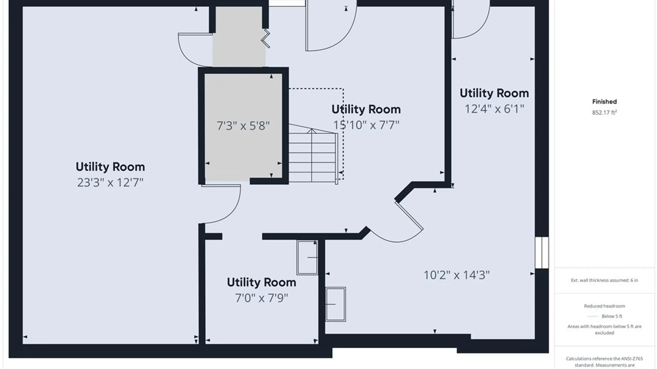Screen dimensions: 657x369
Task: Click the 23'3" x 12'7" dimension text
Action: [110, 182]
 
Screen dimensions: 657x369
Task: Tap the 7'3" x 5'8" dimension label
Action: [243, 126]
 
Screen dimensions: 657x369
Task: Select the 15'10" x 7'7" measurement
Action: [366, 125]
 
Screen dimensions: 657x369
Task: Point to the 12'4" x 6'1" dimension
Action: [494, 109]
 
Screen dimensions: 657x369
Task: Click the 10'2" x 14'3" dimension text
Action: [456, 275]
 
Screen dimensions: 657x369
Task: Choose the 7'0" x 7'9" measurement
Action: [261, 298]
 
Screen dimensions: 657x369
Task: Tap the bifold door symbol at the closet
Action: [266, 39]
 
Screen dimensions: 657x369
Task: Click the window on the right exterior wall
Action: [542, 252]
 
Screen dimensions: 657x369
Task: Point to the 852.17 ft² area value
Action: [604, 112]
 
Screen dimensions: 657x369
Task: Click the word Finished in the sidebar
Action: [604, 101]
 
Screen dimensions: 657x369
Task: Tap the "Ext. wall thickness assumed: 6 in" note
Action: [604, 280]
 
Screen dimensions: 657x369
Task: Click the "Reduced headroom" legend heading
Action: [604, 306]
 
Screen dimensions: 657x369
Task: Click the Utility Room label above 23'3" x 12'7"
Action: [110, 167]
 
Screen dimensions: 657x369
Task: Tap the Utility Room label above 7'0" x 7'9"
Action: [261, 282]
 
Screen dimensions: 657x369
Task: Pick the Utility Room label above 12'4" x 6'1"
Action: [494, 93]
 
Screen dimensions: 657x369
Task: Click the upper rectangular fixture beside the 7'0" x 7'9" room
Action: [307, 258]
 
